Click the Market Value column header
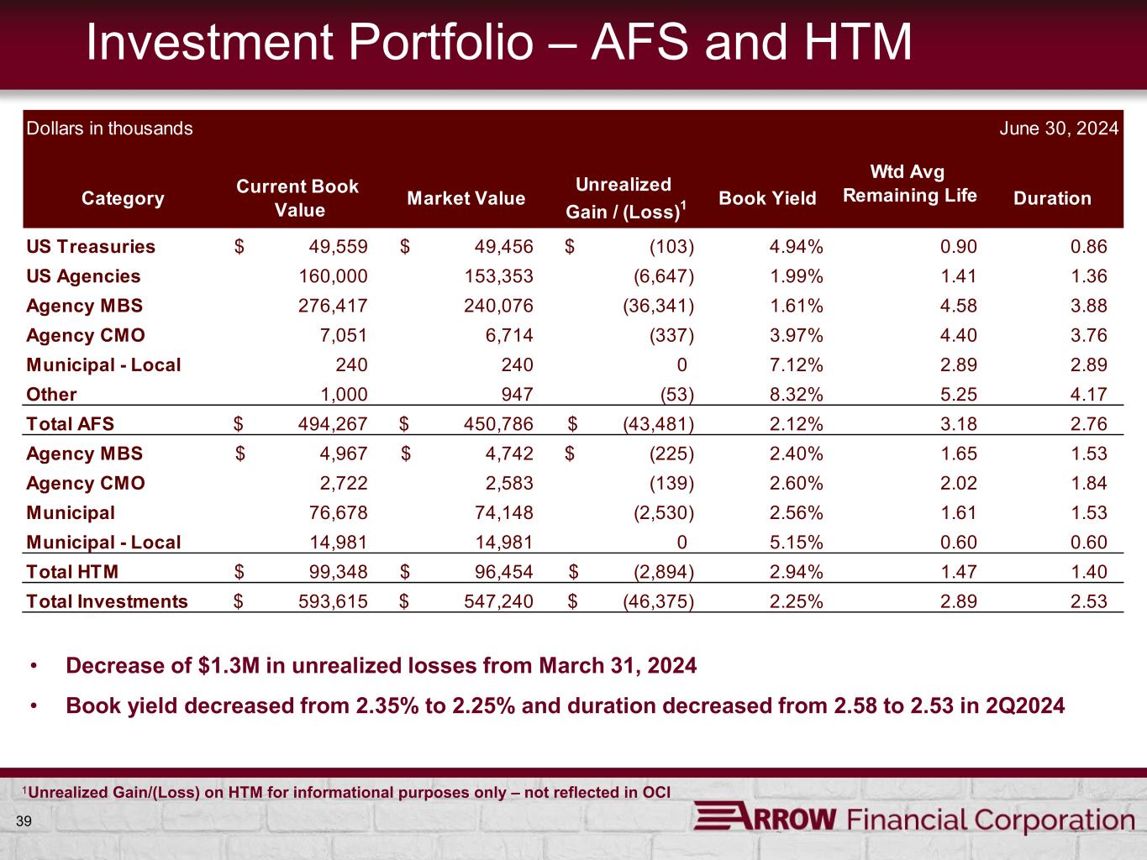coord(466,198)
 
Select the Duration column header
coord(1052,198)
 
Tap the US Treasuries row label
coord(91,247)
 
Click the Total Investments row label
coord(108,601)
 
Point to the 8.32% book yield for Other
coord(796,394)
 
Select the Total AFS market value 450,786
coord(498,424)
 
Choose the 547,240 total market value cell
coord(498,601)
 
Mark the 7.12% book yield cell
coord(796,364)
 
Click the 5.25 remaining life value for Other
coord(958,394)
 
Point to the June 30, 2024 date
coord(1059,128)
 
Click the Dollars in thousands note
coord(110,128)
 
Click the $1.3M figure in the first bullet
coord(230,666)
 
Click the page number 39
coord(24,821)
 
